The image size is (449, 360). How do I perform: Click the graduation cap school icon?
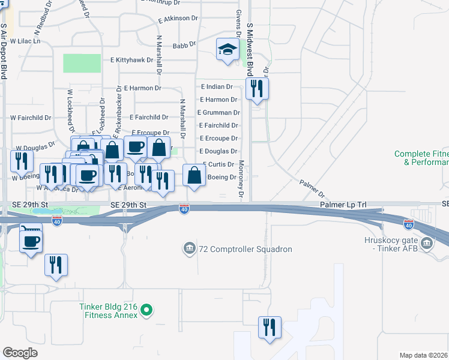pyautogui.click(x=228, y=50)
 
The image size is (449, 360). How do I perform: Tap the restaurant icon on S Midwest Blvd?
pyautogui.click(x=257, y=89)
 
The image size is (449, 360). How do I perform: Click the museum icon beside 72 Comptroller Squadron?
pyautogui.click(x=189, y=248)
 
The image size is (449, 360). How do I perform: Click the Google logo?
pyautogui.click(x=20, y=352)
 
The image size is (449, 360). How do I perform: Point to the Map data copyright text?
pyautogui.click(x=423, y=355)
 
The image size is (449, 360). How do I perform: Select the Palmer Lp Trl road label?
pyautogui.click(x=343, y=205)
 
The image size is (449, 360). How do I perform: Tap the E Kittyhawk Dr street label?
pyautogui.click(x=136, y=60)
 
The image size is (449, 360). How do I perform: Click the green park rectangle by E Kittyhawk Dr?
pyautogui.click(x=82, y=63)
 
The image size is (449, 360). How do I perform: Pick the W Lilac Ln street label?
pyautogui.click(x=25, y=41)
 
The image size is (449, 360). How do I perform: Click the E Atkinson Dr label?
pyautogui.click(x=178, y=19)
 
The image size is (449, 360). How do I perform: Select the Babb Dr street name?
pyautogui.click(x=184, y=44)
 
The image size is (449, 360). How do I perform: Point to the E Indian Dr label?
pyautogui.click(x=217, y=87)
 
